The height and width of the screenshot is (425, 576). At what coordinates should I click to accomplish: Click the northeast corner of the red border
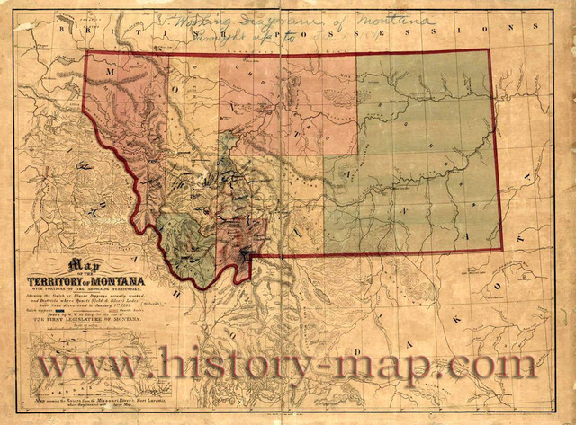pos(490,49)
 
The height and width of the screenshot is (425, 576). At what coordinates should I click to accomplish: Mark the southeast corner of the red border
pos(502,249)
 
